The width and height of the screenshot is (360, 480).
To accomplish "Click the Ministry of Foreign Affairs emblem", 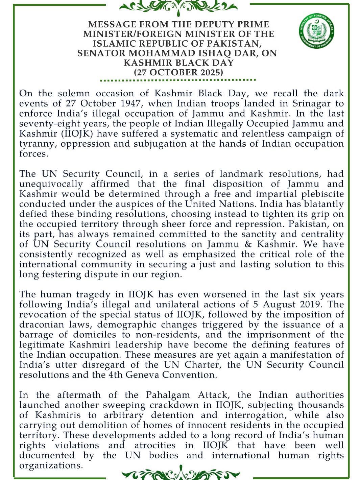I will click(x=317, y=31).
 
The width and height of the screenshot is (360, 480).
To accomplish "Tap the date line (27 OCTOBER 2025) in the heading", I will click(x=178, y=72).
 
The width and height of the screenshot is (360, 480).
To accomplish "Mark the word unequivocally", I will click(x=51, y=184).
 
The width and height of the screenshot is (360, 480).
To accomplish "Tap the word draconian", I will click(x=41, y=325).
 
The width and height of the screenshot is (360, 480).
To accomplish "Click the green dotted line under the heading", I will click(x=178, y=80).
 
